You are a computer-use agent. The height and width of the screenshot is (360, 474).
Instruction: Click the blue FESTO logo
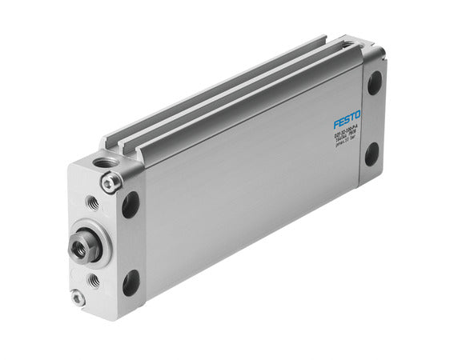[347, 122]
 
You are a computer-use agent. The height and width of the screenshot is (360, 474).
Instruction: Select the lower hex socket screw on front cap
[78, 297]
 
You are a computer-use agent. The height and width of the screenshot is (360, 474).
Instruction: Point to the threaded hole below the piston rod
[94, 280]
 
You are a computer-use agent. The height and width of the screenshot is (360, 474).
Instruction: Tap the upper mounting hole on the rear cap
[374, 83]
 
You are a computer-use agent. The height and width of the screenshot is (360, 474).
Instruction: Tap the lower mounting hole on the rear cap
[372, 154]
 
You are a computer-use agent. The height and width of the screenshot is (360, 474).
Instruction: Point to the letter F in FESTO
[336, 126]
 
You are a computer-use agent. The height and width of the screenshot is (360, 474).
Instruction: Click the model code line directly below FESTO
[347, 137]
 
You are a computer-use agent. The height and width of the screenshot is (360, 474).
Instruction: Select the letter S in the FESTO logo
[347, 121]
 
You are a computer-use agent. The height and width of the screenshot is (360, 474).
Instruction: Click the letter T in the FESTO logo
[352, 118]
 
